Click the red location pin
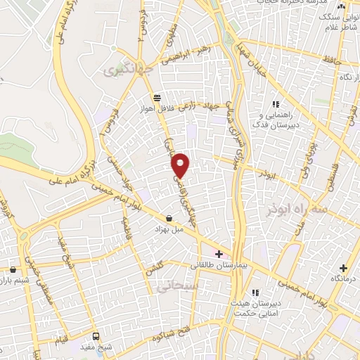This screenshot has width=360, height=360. tap(181, 165)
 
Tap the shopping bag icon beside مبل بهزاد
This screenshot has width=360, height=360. tap(169, 218)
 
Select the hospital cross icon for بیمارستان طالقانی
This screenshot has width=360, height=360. tap(219, 254)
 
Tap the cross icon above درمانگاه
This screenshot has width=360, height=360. tap(342, 268)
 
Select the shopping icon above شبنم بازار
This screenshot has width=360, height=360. tap(13, 269)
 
